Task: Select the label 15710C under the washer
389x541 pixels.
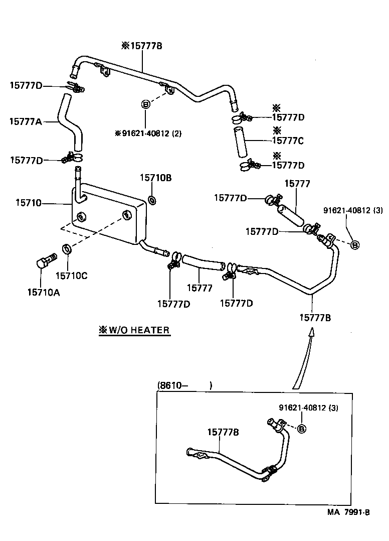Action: tap(71, 275)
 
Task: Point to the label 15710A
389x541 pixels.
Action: tap(44, 292)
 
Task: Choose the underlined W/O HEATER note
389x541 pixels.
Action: tap(134, 330)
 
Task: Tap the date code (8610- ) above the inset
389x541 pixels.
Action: tap(185, 385)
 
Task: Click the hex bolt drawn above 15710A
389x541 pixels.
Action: tap(47, 261)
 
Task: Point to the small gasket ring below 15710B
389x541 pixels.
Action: tap(152, 200)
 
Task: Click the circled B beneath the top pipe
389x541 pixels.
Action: tap(145, 104)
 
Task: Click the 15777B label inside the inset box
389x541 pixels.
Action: tap(223, 432)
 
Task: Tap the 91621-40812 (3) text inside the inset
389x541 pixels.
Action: tap(308, 408)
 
